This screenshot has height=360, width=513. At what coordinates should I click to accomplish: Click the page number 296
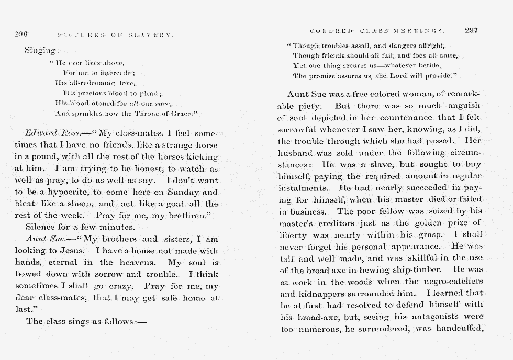(21, 35)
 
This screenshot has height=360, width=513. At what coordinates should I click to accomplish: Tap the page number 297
(471, 30)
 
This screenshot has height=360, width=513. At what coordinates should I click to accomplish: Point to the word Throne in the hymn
(137, 113)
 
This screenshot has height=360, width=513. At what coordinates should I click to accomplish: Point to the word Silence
(42, 228)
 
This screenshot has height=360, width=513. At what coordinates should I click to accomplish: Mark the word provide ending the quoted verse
(437, 76)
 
